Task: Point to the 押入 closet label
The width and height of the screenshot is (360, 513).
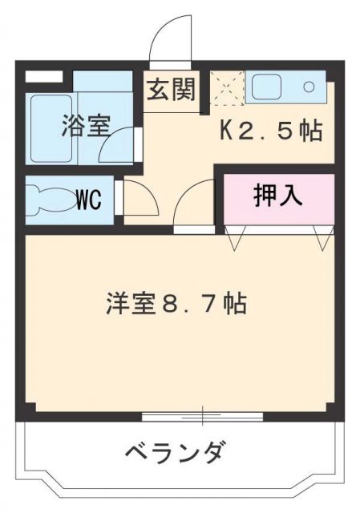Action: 277,196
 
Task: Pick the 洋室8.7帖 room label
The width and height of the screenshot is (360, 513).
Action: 174,305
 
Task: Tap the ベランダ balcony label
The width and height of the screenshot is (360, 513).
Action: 174,454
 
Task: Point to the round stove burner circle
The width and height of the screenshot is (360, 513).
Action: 309,87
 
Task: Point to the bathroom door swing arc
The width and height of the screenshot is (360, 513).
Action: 122,144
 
